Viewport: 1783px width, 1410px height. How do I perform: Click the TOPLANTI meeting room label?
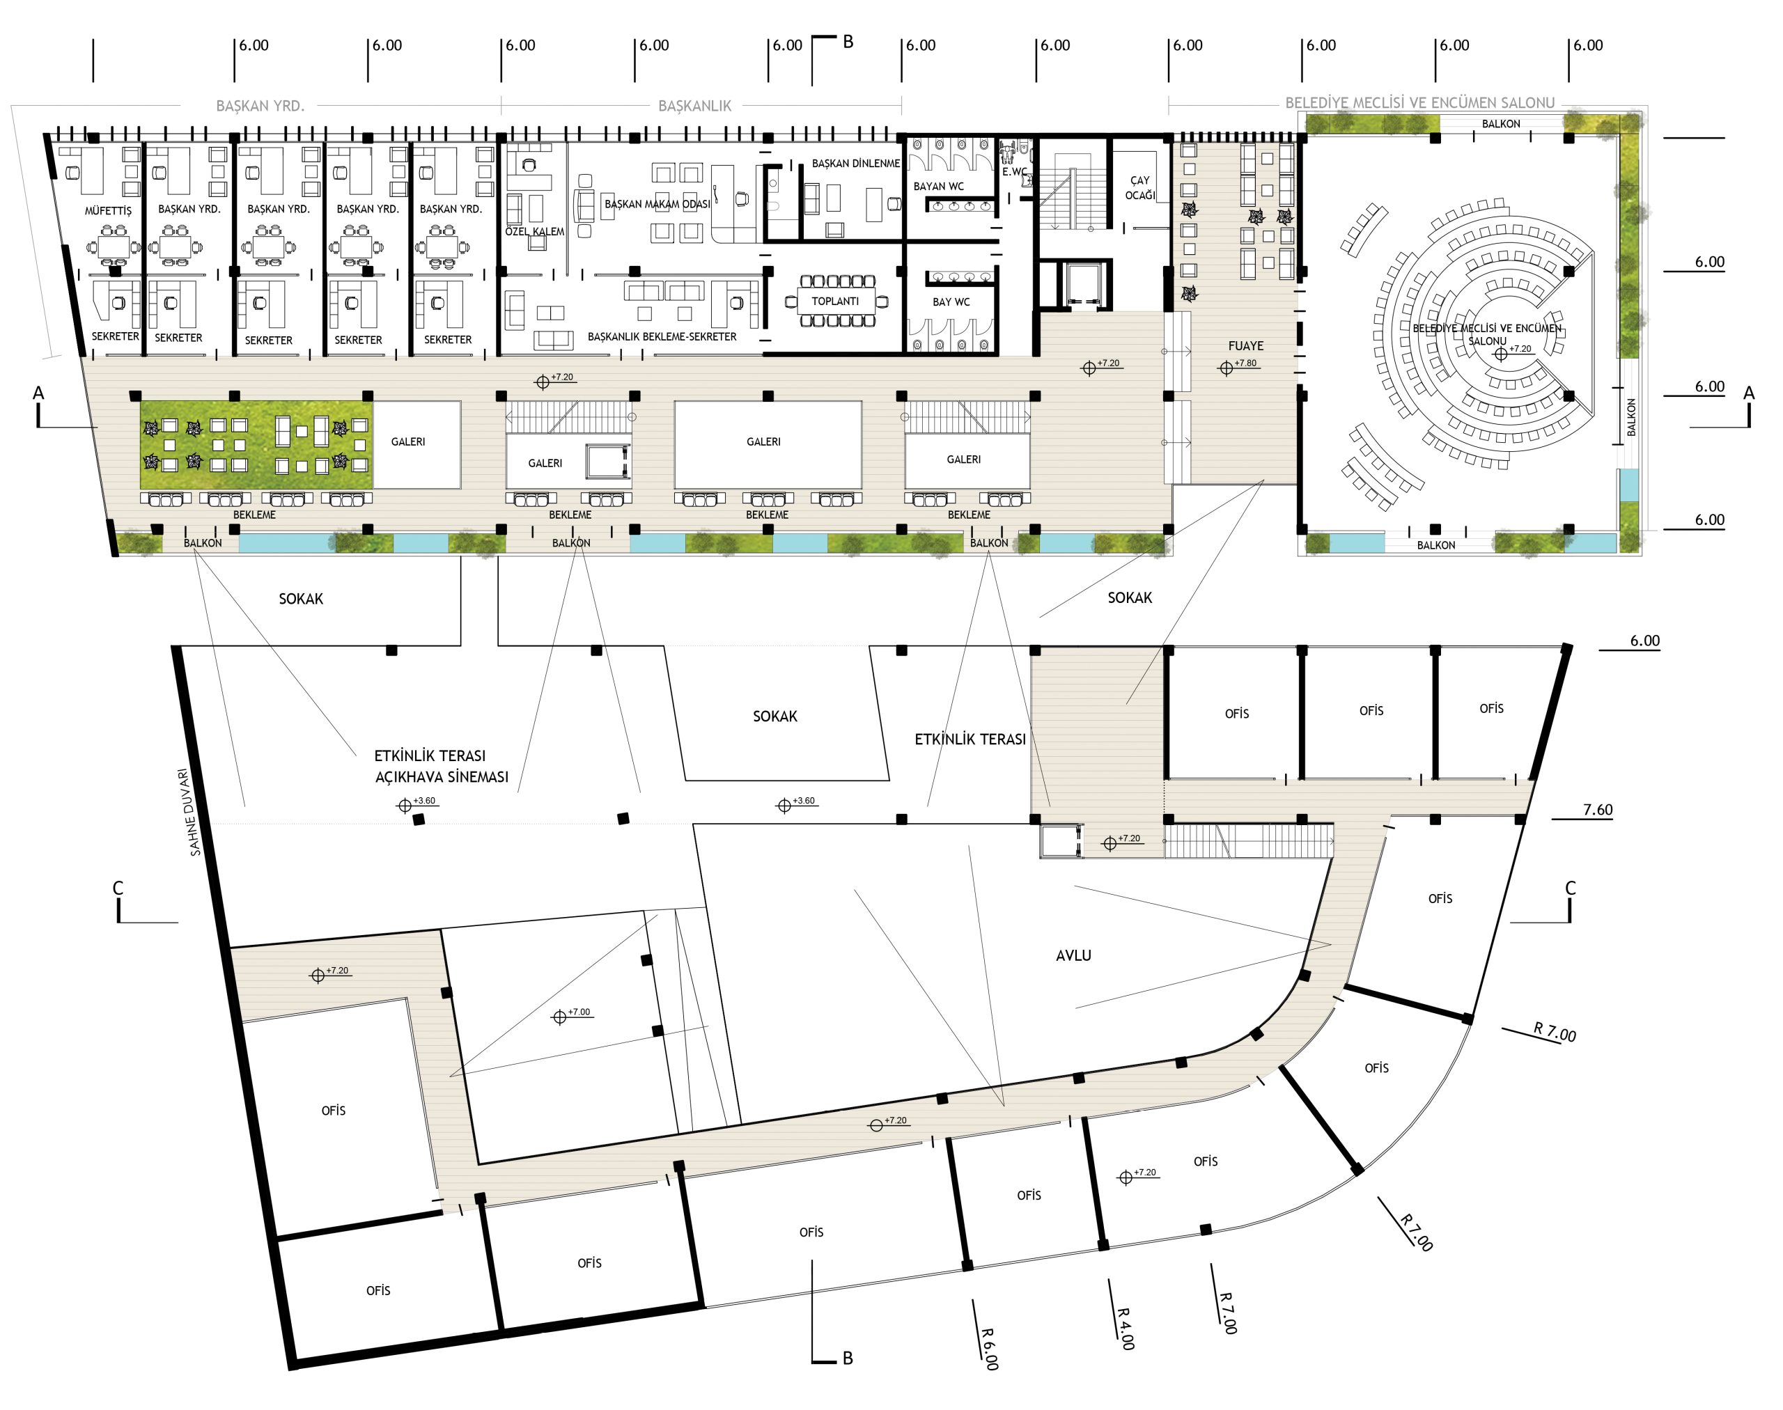tap(834, 301)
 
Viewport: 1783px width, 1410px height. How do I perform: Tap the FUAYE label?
tap(1245, 346)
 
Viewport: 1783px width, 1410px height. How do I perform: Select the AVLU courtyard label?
tap(1073, 956)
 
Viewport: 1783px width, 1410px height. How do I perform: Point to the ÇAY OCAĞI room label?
tap(1139, 187)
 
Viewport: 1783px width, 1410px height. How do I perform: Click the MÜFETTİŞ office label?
tap(108, 210)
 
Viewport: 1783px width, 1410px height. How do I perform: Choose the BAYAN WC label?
tap(938, 187)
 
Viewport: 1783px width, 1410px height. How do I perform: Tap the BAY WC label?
tap(951, 302)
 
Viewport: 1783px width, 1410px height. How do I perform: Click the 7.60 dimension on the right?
tap(1597, 810)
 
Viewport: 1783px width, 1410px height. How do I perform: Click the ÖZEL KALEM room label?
tap(534, 231)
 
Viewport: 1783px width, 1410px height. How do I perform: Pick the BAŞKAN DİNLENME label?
tap(855, 164)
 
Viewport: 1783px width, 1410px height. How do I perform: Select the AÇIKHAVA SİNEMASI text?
tap(442, 777)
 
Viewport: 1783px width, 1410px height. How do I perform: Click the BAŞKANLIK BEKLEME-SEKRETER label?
tap(662, 337)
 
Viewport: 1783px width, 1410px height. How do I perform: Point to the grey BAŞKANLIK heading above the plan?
tap(694, 106)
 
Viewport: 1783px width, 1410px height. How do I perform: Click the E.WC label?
tap(1015, 172)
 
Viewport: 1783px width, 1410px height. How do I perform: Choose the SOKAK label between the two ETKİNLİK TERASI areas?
tap(774, 716)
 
